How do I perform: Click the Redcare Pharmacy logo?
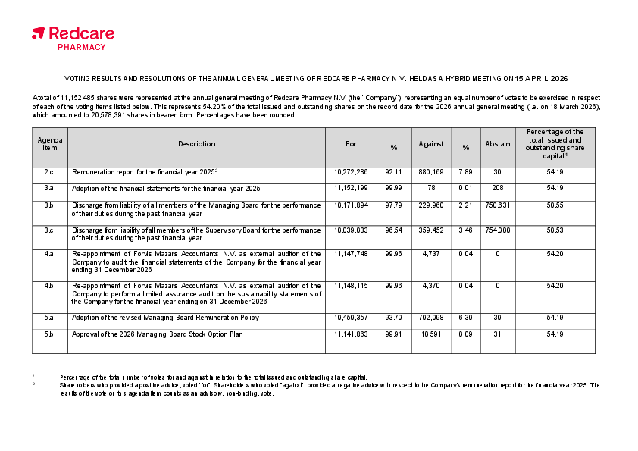click(73, 37)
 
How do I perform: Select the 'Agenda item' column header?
click(50, 143)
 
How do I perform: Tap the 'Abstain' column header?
click(498, 144)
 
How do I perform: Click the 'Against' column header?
click(431, 144)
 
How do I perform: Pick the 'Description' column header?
click(197, 144)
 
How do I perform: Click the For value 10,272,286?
click(351, 172)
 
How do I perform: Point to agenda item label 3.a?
click(50, 188)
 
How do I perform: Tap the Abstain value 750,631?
click(498, 205)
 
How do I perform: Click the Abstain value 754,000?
click(498, 230)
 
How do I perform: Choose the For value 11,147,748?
click(351, 254)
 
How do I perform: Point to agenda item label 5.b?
click(50, 334)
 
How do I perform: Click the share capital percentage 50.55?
click(555, 205)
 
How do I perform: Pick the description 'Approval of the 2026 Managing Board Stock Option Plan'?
click(158, 334)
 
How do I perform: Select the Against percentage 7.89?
click(466, 172)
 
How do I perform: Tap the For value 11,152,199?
click(351, 188)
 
